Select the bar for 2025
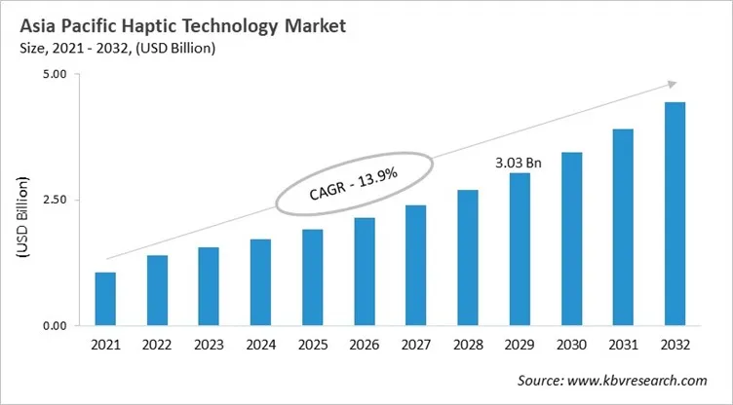coord(312,277)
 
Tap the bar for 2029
coord(519,249)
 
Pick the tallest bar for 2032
coord(675,214)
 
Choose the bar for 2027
coord(415,265)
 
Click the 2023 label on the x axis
coord(209,346)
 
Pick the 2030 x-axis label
coord(570,346)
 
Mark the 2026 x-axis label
coord(364,346)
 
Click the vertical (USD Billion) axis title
coord(22,217)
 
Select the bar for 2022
coord(157,290)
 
